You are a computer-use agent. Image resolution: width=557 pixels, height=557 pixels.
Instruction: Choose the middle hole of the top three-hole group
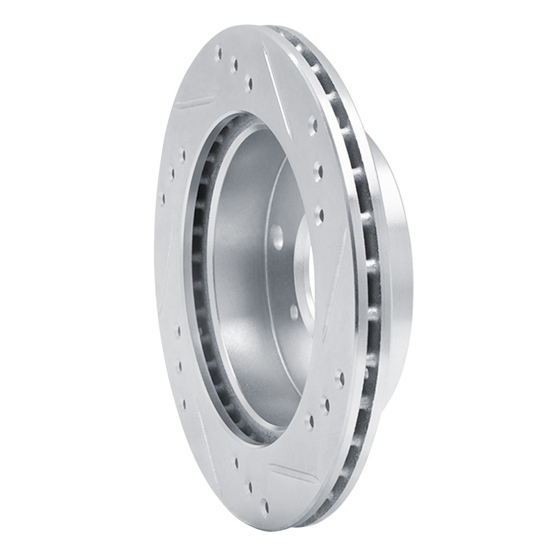click(x=235, y=65)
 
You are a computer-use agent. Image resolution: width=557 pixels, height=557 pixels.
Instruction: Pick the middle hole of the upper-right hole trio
click(x=317, y=168)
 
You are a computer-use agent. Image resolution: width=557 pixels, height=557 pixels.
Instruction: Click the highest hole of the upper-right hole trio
click(x=313, y=125)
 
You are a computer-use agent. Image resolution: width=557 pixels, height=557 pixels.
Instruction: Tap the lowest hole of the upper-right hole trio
click(x=319, y=210)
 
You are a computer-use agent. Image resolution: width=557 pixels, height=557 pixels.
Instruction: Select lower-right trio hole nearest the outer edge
click(x=340, y=378)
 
